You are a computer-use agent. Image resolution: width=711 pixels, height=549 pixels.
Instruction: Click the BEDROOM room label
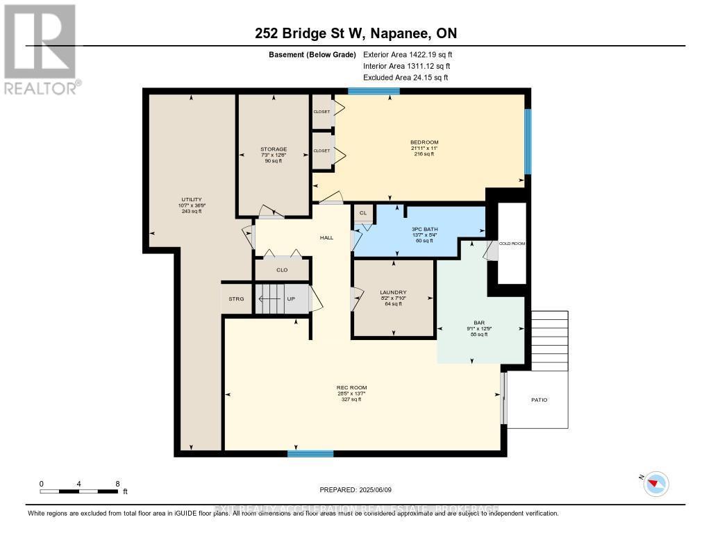[424, 142]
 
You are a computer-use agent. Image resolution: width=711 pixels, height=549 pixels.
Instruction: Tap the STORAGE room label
[274, 149]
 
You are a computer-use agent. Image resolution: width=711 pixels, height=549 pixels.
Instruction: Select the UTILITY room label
[191, 199]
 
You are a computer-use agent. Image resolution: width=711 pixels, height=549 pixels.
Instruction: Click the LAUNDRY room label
[394, 292]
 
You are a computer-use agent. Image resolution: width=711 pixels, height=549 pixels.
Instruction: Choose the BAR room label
[479, 323]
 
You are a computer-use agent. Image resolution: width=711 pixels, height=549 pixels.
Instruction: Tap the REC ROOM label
[351, 387]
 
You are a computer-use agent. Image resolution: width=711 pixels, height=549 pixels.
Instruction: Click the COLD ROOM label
[512, 244]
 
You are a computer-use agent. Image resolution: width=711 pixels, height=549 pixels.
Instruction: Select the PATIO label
[539, 400]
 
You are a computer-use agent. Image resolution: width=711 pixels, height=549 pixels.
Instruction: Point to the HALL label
[326, 237]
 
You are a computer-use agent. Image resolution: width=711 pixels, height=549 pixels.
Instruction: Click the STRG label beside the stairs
[237, 299]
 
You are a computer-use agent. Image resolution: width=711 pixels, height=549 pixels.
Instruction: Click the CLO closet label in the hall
[282, 269]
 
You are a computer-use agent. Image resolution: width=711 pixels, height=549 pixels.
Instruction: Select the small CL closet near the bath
[362, 213]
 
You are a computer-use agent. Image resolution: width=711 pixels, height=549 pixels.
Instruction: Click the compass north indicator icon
[655, 484]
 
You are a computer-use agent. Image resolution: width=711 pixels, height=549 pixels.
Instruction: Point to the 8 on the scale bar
[117, 484]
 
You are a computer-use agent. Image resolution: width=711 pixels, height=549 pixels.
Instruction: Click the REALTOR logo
[40, 49]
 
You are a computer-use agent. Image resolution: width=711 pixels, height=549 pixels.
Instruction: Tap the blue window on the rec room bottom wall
[310, 453]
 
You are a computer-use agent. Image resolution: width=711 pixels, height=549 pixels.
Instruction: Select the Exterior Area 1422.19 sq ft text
[408, 54]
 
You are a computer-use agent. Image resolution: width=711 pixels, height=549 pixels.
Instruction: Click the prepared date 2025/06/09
[355, 490]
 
